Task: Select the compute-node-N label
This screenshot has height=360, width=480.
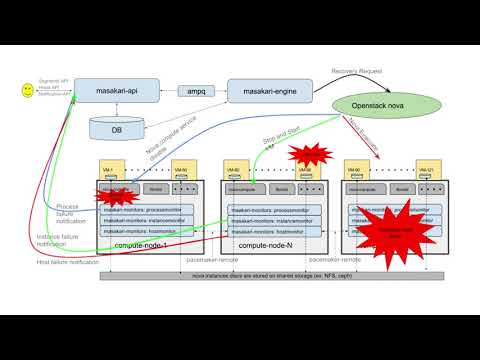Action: tap(263, 245)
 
